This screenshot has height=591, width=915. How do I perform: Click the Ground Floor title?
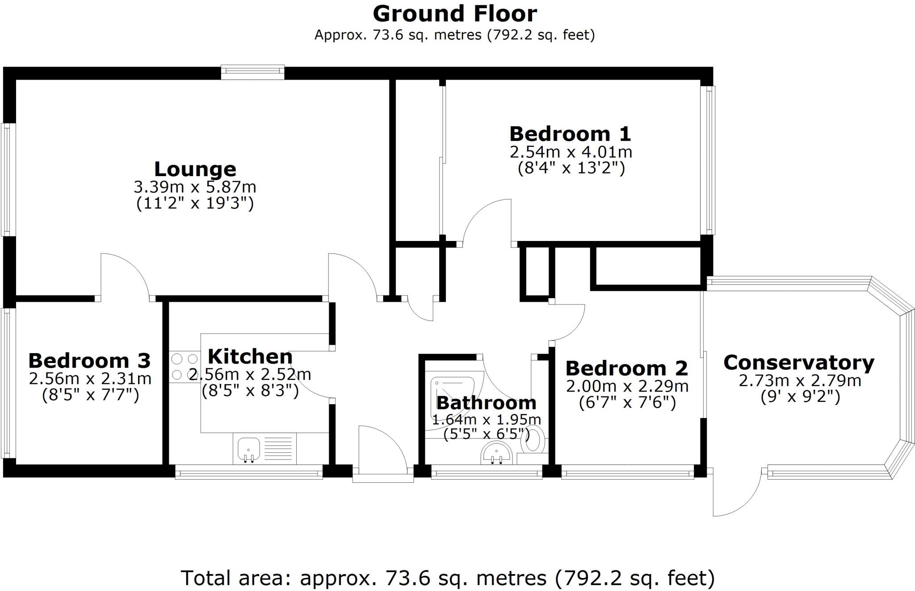pyautogui.click(x=454, y=13)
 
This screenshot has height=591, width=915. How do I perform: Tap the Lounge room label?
pyautogui.click(x=195, y=169)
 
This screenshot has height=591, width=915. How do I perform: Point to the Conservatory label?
pyautogui.click(x=799, y=362)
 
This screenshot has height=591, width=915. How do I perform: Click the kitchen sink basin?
pyautogui.click(x=249, y=448)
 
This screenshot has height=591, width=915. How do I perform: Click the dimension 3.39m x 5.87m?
pyautogui.click(x=195, y=187)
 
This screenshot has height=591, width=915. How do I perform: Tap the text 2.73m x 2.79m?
pyautogui.click(x=800, y=380)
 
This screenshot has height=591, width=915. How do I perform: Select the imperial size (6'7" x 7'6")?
pyautogui.click(x=627, y=402)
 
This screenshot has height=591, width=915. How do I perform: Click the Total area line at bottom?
pyautogui.click(x=448, y=578)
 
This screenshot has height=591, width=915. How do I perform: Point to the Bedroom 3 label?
pyautogui.click(x=89, y=361)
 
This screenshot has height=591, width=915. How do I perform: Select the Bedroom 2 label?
pyautogui.click(x=627, y=368)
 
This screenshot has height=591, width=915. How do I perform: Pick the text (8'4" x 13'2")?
pyautogui.click(x=571, y=168)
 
